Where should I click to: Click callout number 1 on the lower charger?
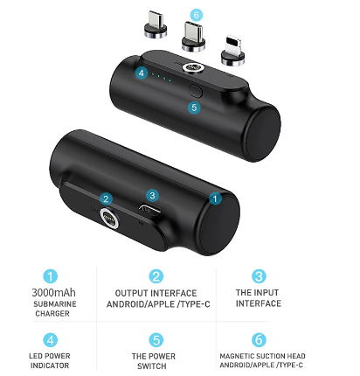[x=215, y=198]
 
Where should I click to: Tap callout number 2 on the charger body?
[x=106, y=199]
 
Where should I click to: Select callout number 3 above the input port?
[x=152, y=195]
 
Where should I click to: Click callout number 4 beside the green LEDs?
[x=142, y=73]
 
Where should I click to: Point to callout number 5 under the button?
[x=194, y=108]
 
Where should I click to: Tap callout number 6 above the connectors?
[x=197, y=15]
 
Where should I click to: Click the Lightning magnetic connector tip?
[x=232, y=51]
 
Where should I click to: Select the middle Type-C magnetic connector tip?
[x=193, y=37]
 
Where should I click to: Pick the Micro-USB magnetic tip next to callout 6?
[x=156, y=24]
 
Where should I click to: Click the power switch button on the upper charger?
[x=196, y=90]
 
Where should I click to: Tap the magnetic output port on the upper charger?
[x=192, y=68]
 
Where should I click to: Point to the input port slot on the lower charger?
[x=149, y=209]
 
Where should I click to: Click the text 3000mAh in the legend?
[x=53, y=292]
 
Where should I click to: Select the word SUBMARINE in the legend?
[x=55, y=304]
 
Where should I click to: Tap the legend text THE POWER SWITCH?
[x=153, y=361]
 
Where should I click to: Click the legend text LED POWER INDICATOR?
[x=50, y=360]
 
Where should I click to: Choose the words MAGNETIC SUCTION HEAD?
[x=262, y=356]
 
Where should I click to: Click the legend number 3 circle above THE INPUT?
[x=259, y=276]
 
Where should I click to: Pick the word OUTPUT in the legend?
[x=128, y=293]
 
